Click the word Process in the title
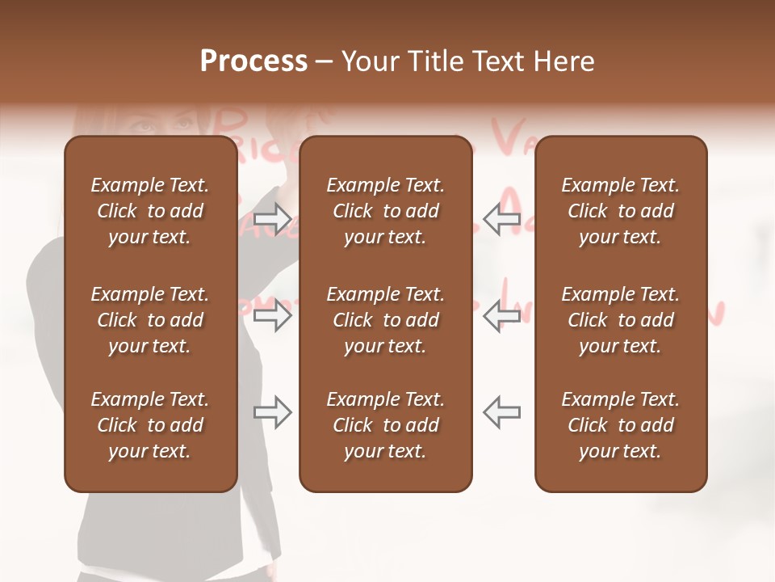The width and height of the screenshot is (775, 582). (x=253, y=61)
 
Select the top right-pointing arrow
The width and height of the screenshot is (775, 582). (x=273, y=219)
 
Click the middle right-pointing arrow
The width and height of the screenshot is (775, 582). (x=273, y=315)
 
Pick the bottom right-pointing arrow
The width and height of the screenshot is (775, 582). (x=273, y=412)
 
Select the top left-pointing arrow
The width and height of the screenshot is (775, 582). (x=502, y=219)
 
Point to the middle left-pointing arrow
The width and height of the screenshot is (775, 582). (x=502, y=315)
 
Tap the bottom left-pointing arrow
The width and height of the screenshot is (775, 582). (x=502, y=412)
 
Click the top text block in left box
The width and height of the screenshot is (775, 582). (x=150, y=211)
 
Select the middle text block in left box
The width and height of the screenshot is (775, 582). (x=150, y=320)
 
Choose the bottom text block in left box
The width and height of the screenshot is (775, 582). (x=150, y=425)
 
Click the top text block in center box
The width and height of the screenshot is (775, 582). (x=385, y=211)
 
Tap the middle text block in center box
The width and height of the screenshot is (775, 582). (x=385, y=320)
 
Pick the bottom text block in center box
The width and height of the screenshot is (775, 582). (x=385, y=425)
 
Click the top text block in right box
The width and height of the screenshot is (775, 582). (x=621, y=211)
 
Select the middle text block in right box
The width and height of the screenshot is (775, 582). (x=621, y=320)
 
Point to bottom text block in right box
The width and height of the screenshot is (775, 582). (x=621, y=425)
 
